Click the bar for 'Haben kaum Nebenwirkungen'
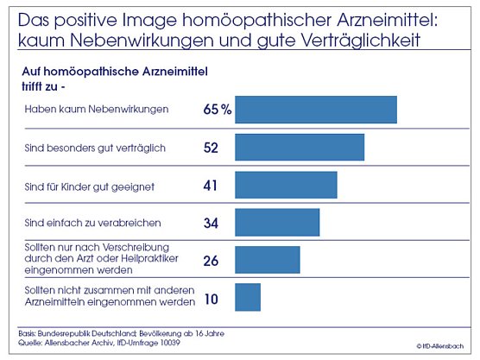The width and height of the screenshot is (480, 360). coord(315,110)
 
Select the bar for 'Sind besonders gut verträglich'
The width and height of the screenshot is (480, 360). coord(299,148)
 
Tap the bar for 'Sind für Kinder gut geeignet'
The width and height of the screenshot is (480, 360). coord(285,185)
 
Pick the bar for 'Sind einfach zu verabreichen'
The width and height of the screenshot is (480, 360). coord(276,222)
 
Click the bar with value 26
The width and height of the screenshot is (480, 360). coord(267,259)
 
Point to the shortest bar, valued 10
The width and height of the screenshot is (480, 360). coord(247,297)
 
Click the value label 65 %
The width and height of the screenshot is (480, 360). coord(217,110)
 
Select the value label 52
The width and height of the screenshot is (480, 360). coord(211,148)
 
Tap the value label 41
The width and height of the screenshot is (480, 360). coord(211,185)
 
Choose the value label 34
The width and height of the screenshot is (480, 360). coord(211,223)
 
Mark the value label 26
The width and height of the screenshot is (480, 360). coord(211,260)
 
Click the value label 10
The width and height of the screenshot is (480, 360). coord(211,300)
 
